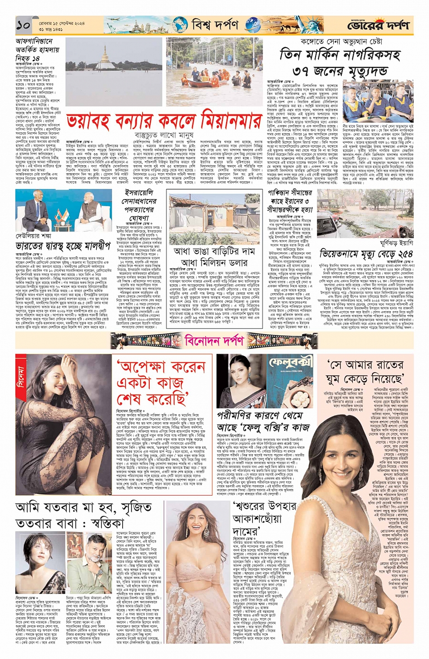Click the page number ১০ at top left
point(23,25)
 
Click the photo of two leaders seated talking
point(64,211)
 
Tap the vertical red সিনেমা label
point(20,377)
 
